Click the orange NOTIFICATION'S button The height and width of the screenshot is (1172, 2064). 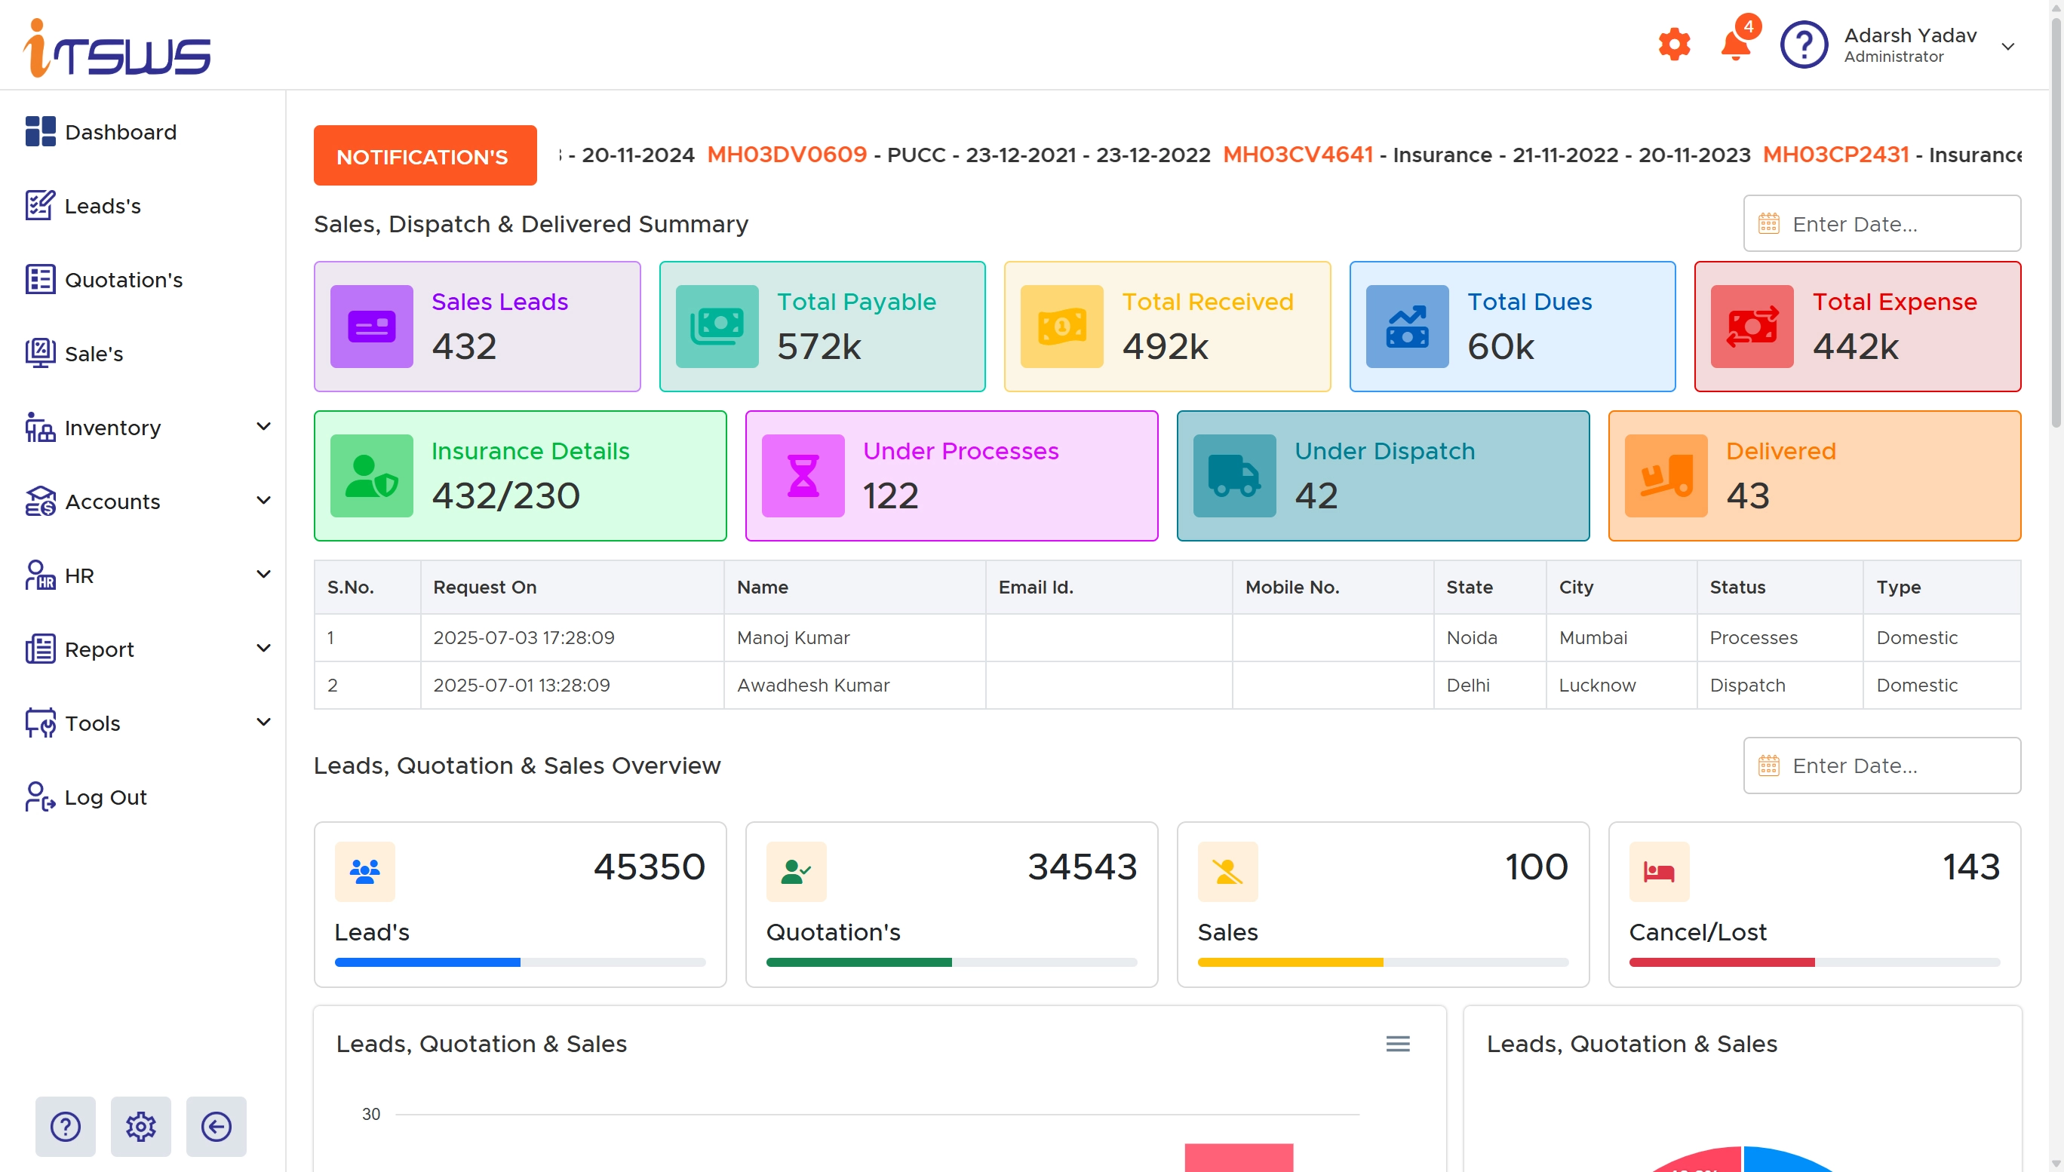pos(425,156)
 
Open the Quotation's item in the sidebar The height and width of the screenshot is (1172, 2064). pos(123,280)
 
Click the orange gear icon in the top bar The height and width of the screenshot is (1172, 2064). pos(1675,44)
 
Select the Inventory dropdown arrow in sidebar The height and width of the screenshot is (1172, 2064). pos(263,427)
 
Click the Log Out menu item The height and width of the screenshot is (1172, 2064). pos(105,797)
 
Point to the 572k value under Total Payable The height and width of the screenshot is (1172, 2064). pos(819,347)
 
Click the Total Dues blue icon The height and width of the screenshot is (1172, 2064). pos(1407,326)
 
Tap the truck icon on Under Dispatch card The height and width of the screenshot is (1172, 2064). pos(1234,476)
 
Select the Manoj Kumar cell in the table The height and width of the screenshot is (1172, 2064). pos(793,637)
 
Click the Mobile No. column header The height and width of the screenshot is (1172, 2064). pos(1292,587)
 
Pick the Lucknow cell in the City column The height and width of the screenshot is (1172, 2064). pos(1597,685)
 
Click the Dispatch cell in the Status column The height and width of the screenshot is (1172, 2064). pos(1747,685)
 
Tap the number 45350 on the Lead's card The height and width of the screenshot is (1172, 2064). pos(649,867)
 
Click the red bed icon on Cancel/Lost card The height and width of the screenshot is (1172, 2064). pos(1658,872)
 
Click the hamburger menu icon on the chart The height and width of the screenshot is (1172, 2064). pos(1397,1044)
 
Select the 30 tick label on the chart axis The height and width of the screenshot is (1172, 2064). pos(371,1114)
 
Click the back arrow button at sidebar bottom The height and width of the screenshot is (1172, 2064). pos(216,1126)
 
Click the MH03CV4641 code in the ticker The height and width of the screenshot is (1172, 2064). pos(1298,155)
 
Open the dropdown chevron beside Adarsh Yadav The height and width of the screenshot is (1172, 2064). pos(2007,47)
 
